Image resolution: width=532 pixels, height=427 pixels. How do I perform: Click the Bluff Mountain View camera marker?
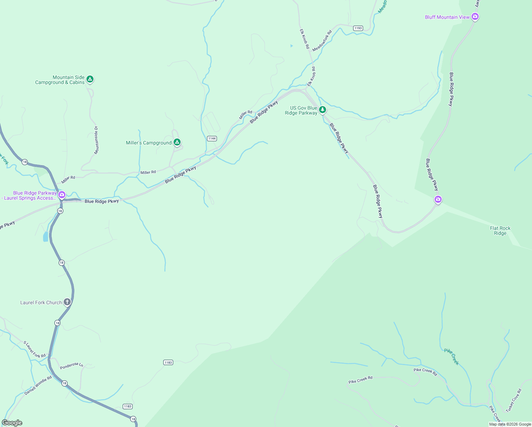[475, 16]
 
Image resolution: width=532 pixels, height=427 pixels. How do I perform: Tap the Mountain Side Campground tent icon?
[90, 79]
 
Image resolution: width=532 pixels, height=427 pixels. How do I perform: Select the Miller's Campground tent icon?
[177, 142]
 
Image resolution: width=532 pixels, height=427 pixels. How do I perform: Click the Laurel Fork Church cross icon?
[67, 302]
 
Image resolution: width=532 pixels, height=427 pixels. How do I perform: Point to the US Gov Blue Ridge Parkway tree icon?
[322, 110]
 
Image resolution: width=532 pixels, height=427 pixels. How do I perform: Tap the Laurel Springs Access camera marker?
[62, 195]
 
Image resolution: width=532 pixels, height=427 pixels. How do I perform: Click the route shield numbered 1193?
[358, 28]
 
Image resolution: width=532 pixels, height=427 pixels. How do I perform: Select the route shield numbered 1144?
[212, 138]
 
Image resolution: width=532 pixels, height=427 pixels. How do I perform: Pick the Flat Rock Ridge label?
[500, 231]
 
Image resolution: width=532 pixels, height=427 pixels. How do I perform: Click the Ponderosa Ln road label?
[71, 366]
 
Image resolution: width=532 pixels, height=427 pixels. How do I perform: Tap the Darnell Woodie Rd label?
[38, 385]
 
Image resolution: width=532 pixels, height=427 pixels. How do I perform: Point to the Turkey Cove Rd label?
[514, 400]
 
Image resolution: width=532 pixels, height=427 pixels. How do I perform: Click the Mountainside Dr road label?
[96, 140]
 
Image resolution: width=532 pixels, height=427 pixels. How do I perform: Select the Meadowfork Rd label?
[322, 41]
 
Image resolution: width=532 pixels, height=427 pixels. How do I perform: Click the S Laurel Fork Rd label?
[34, 349]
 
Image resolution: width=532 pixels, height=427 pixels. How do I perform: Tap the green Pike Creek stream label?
[452, 357]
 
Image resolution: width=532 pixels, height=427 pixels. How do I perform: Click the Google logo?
[12, 423]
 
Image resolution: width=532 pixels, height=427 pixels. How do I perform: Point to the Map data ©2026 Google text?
[510, 424]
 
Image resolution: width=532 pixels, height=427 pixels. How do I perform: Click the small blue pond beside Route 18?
[46, 237]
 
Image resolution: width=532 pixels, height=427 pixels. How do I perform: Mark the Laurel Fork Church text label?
[41, 302]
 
